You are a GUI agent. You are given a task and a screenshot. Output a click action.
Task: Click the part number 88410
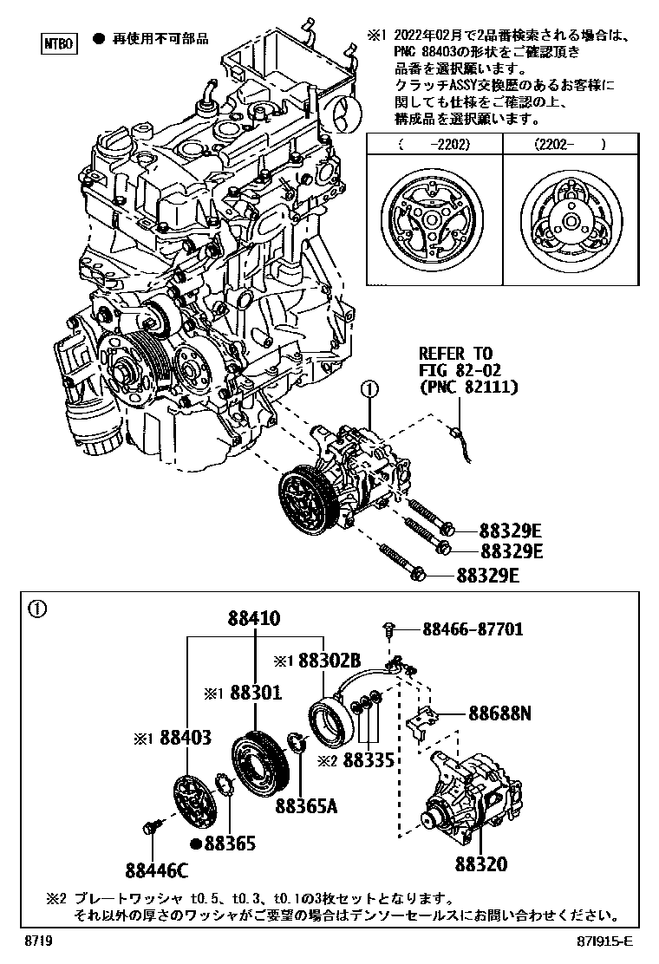point(255,619)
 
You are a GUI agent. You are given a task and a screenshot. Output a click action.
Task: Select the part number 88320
point(480,864)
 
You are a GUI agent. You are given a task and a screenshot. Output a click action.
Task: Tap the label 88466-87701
point(473,629)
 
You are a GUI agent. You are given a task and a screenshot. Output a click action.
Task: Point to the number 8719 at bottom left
point(37,941)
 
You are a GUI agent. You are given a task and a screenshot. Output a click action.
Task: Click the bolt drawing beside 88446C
point(153,826)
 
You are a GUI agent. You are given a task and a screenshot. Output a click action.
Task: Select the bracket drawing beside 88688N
point(421,722)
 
